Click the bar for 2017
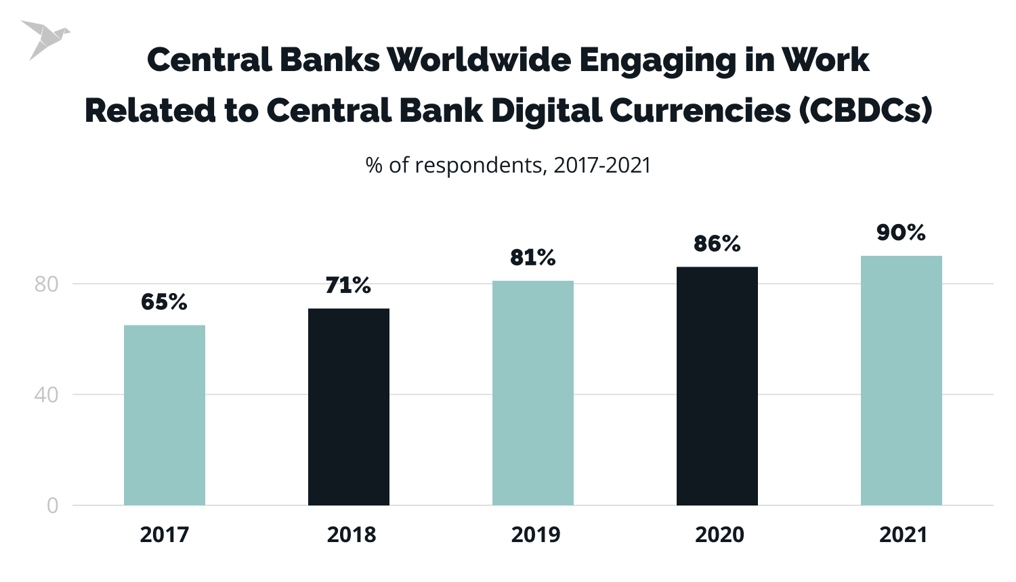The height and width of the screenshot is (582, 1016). tap(165, 415)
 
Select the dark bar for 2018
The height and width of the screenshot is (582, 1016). tap(349, 407)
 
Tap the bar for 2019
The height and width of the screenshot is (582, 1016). tap(533, 393)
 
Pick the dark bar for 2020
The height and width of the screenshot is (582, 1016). tap(717, 386)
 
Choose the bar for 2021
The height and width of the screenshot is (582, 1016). tap(902, 380)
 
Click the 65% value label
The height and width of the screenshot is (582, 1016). tap(164, 302)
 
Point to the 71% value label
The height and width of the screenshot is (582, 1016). tap(348, 286)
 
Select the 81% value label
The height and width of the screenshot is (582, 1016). tap(533, 258)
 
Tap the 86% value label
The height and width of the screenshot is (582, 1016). tap(717, 244)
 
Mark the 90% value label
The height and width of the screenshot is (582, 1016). tap(901, 233)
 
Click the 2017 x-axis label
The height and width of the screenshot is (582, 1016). tap(165, 535)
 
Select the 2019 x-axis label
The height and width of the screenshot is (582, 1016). tap(536, 535)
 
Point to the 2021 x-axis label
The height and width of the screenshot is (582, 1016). tap(903, 535)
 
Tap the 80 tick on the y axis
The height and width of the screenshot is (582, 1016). tap(46, 284)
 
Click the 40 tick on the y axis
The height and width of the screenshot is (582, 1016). tap(46, 395)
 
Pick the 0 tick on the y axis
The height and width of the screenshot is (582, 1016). tap(52, 506)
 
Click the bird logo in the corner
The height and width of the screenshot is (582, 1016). tap(43, 39)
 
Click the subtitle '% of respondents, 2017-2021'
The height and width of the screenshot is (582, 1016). tap(508, 165)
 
